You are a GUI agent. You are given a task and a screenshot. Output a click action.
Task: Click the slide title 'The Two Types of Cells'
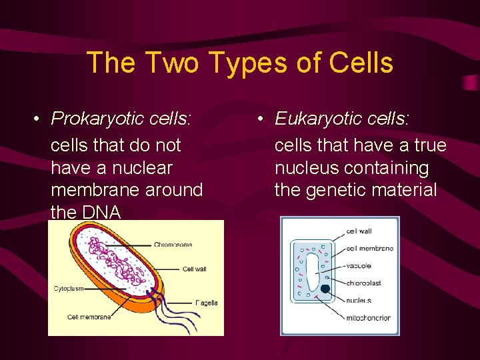tap(239, 63)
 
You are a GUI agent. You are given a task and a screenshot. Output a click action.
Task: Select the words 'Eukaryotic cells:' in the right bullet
tap(343, 119)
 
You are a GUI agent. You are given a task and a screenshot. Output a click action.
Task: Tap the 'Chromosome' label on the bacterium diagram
tap(173, 245)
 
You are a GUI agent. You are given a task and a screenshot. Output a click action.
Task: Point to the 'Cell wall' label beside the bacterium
tap(195, 269)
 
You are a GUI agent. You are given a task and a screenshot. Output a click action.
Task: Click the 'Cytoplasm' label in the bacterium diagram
tap(69, 289)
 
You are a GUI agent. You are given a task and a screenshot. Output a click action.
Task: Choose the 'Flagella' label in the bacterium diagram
tap(206, 303)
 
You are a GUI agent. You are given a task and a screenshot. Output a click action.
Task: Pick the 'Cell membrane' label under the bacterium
tap(89, 317)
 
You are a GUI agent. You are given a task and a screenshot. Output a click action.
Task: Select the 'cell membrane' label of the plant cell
tap(370, 249)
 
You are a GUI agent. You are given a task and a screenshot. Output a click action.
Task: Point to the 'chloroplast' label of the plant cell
tap(364, 283)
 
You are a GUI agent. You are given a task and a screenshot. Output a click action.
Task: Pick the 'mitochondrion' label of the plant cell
tap(369, 317)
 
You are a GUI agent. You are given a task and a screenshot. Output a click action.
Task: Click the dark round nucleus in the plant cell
tap(325, 289)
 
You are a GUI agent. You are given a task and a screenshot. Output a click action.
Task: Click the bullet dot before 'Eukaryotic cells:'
tap(262, 119)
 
